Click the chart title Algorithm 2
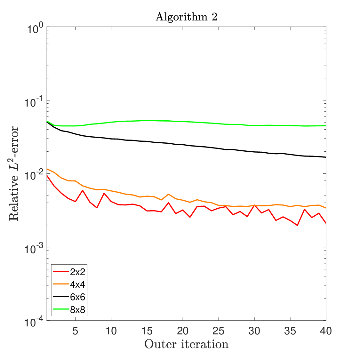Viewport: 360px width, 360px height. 187,17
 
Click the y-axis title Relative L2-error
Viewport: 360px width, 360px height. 13,173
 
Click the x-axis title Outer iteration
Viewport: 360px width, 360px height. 187,344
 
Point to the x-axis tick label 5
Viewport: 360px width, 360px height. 75,331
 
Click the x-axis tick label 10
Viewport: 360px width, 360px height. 111,331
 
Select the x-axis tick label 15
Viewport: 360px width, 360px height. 147,331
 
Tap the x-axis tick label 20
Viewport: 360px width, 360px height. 183,331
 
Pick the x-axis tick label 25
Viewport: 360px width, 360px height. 219,331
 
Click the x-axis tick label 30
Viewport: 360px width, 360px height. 254,331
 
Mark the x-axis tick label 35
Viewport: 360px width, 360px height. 290,331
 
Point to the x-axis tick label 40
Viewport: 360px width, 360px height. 326,331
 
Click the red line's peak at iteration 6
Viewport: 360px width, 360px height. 83,190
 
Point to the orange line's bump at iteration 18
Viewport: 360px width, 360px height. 169,194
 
